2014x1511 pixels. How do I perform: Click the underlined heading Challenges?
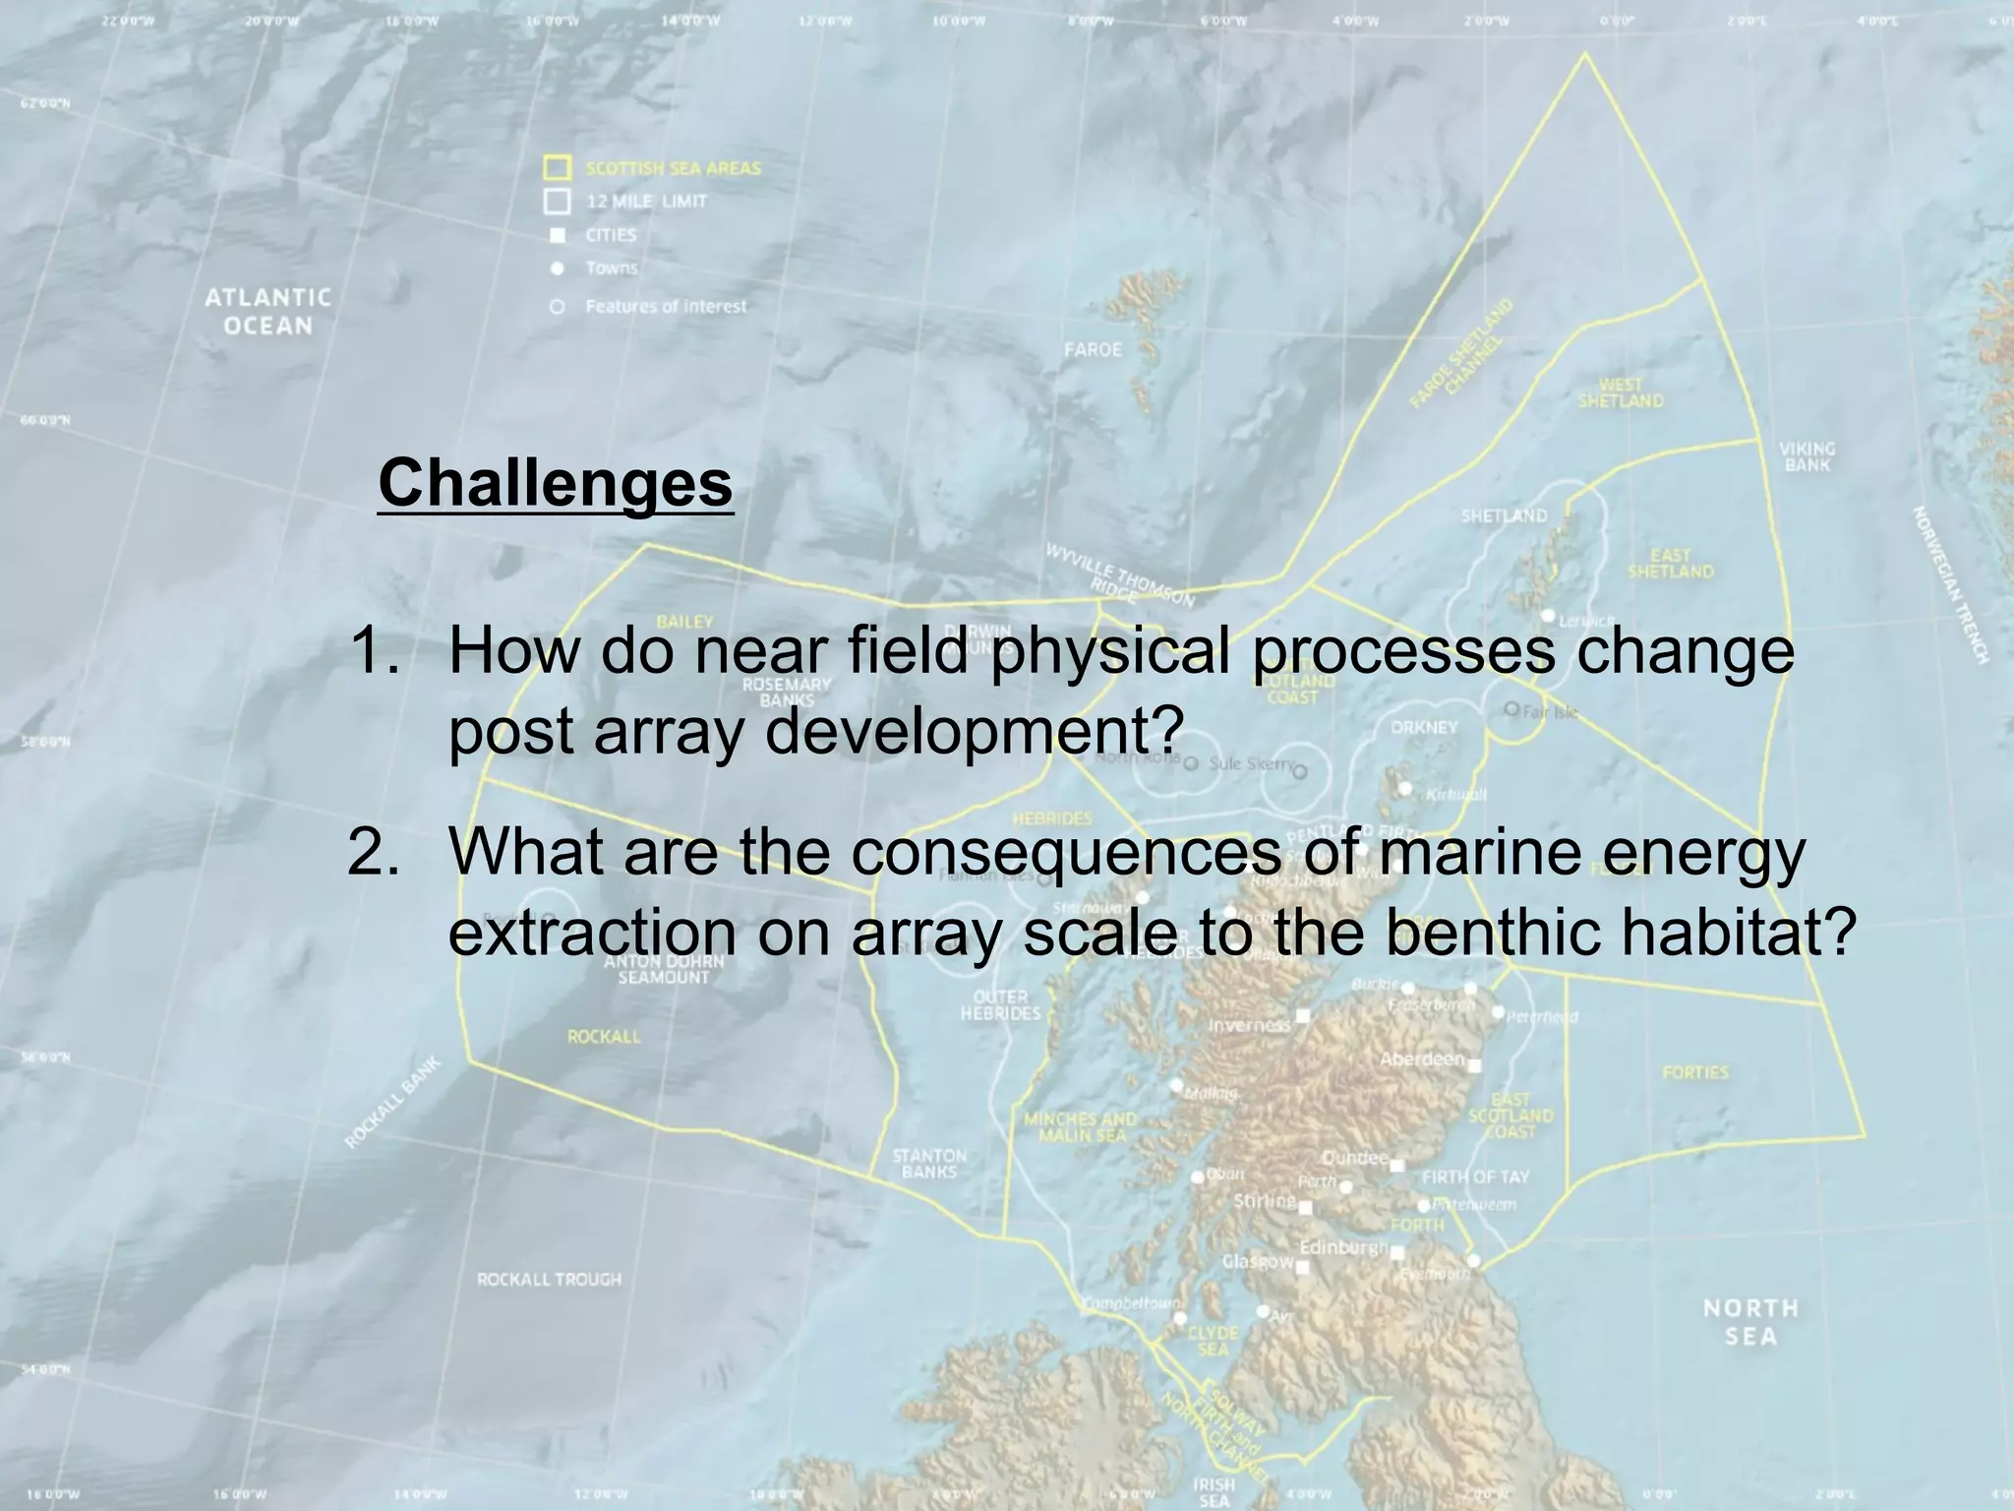(x=556, y=483)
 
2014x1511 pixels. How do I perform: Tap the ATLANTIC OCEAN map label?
(x=267, y=311)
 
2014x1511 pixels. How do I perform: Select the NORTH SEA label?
(x=1750, y=1321)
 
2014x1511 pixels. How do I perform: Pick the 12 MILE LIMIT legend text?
(x=646, y=202)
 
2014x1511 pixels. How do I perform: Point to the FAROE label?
(x=1093, y=349)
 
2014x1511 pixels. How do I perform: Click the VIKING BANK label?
(x=1807, y=456)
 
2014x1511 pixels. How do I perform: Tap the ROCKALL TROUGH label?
(x=549, y=1279)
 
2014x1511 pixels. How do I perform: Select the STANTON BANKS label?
(x=929, y=1164)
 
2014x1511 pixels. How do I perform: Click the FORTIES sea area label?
(x=1694, y=1072)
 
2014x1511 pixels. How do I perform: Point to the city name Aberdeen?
(x=1422, y=1059)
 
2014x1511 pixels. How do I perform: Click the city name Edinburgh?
(x=1343, y=1247)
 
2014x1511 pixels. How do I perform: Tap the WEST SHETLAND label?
(x=1621, y=393)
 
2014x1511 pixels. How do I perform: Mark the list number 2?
(x=373, y=853)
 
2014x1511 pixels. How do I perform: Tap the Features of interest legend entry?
(x=666, y=307)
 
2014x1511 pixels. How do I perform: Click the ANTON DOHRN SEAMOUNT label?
(x=663, y=969)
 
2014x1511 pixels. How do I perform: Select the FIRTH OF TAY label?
(x=1475, y=1178)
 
